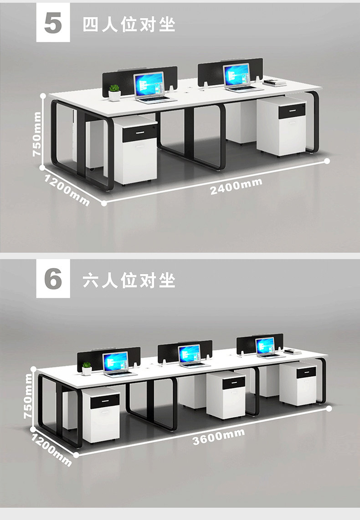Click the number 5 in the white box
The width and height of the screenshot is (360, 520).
pos(53,23)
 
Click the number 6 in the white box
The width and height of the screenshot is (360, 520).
pos(53,279)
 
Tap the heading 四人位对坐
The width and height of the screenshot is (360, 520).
pos(129,25)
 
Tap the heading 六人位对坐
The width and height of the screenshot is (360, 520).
pos(129,280)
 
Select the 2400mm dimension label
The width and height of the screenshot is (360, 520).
pos(236,186)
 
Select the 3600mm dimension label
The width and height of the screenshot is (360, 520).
pos(218,436)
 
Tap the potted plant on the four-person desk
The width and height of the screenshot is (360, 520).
pos(115,92)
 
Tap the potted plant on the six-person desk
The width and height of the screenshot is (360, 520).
pos(87,368)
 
